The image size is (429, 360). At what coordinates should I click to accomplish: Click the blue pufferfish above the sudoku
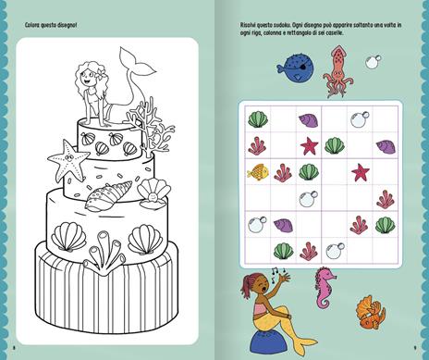295,68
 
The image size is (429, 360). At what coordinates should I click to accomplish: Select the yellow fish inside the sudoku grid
258,172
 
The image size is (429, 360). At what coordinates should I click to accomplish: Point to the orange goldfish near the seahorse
371,312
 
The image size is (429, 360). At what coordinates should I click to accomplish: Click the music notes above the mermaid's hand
278,271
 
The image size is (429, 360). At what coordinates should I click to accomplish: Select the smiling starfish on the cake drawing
68,160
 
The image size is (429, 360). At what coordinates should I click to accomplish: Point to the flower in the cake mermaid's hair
101,73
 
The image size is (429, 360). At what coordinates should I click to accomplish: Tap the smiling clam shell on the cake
153,192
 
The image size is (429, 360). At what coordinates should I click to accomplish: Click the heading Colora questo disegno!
51,25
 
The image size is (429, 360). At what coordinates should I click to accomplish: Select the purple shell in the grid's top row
309,119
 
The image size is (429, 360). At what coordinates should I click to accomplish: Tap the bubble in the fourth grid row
308,199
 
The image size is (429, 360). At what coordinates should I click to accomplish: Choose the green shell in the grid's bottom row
283,251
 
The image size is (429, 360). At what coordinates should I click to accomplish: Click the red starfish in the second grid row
309,146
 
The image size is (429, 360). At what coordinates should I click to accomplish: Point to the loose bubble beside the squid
374,62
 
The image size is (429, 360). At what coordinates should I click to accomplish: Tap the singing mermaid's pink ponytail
247,283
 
